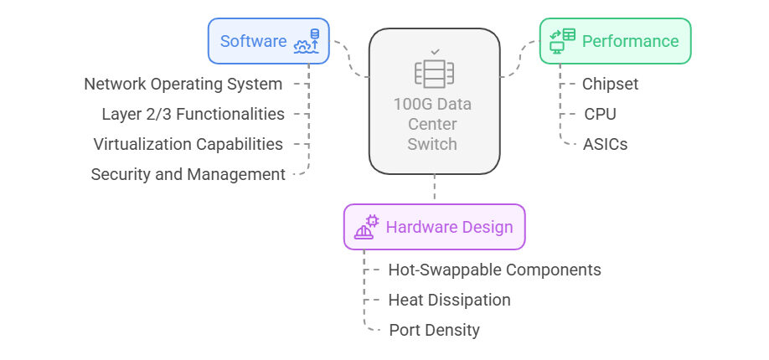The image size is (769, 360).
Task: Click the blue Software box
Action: point(268,41)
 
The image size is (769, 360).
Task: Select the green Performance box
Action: point(614,41)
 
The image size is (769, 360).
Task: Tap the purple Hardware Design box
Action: point(434,227)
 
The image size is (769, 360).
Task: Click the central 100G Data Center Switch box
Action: point(434,100)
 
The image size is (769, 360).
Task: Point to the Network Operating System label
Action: point(183,84)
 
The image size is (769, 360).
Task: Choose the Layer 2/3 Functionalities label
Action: point(193,114)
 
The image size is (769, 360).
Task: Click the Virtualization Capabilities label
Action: point(188,144)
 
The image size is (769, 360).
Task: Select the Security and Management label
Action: point(188,174)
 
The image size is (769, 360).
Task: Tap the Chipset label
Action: point(610,84)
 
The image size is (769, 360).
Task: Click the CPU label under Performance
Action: point(601,114)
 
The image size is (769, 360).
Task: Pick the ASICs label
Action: point(606,144)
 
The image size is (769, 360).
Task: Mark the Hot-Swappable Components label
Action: point(494,270)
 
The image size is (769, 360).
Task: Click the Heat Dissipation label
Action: point(449,300)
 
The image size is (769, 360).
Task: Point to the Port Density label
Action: point(434,330)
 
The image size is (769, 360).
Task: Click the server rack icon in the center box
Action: point(434,74)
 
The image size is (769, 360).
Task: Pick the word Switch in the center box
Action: point(432,144)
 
